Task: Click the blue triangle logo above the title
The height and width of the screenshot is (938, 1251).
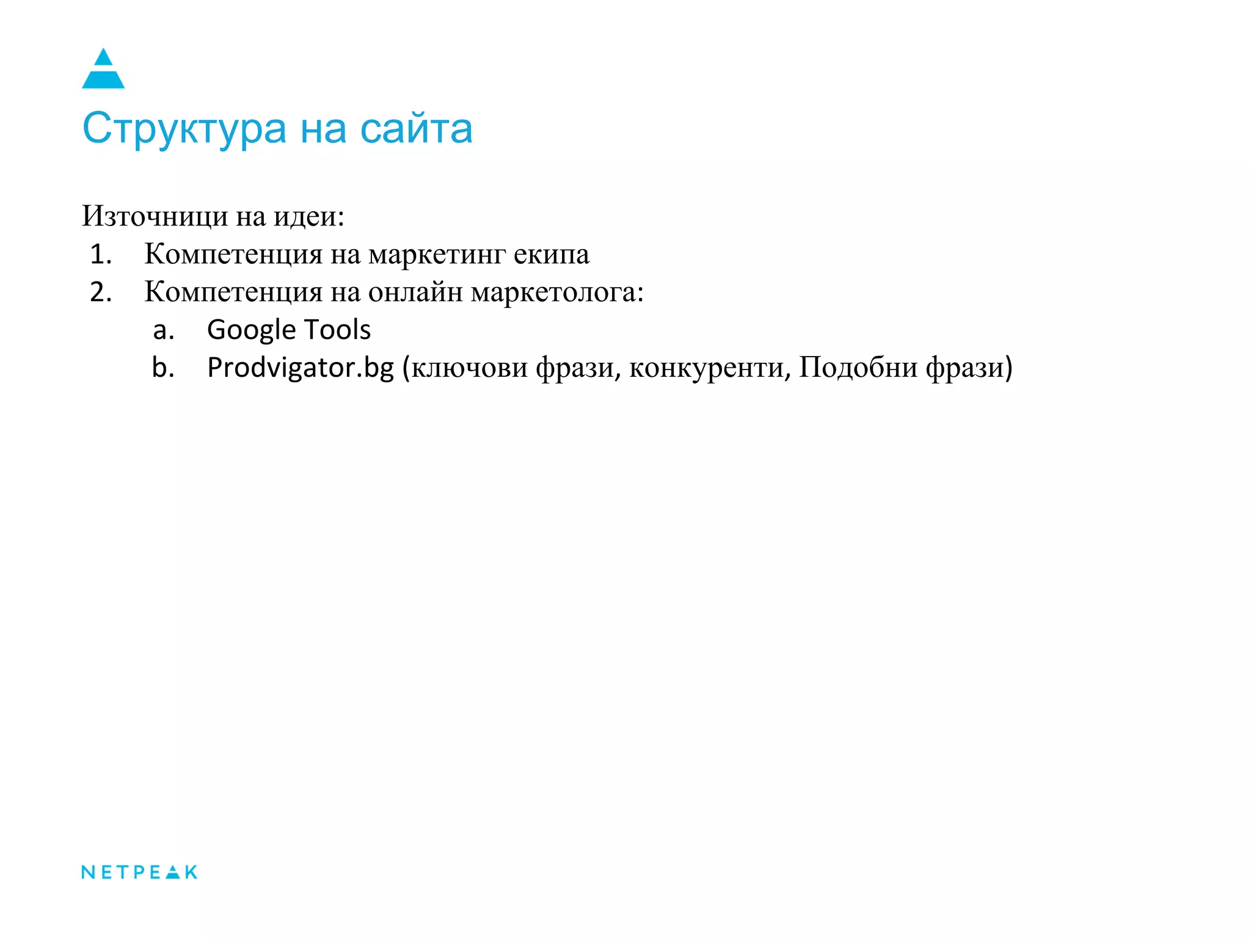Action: point(103,69)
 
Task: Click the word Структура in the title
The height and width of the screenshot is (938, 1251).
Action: point(184,129)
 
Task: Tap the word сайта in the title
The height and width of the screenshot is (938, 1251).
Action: point(416,129)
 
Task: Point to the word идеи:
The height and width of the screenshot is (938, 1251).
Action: point(308,216)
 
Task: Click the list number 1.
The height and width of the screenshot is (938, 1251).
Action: point(100,254)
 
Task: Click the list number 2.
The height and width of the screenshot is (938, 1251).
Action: point(100,292)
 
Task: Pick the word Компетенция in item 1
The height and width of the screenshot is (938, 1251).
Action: point(233,254)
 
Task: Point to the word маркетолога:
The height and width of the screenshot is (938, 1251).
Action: point(557,293)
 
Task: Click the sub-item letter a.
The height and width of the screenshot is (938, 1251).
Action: point(163,330)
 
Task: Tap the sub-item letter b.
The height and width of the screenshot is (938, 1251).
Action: point(163,368)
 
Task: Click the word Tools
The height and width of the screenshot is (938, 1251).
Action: point(337,330)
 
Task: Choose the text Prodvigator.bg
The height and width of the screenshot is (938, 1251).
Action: point(301,368)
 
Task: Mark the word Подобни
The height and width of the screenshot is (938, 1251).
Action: point(858,368)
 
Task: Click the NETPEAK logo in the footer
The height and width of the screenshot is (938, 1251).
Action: point(139,872)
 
